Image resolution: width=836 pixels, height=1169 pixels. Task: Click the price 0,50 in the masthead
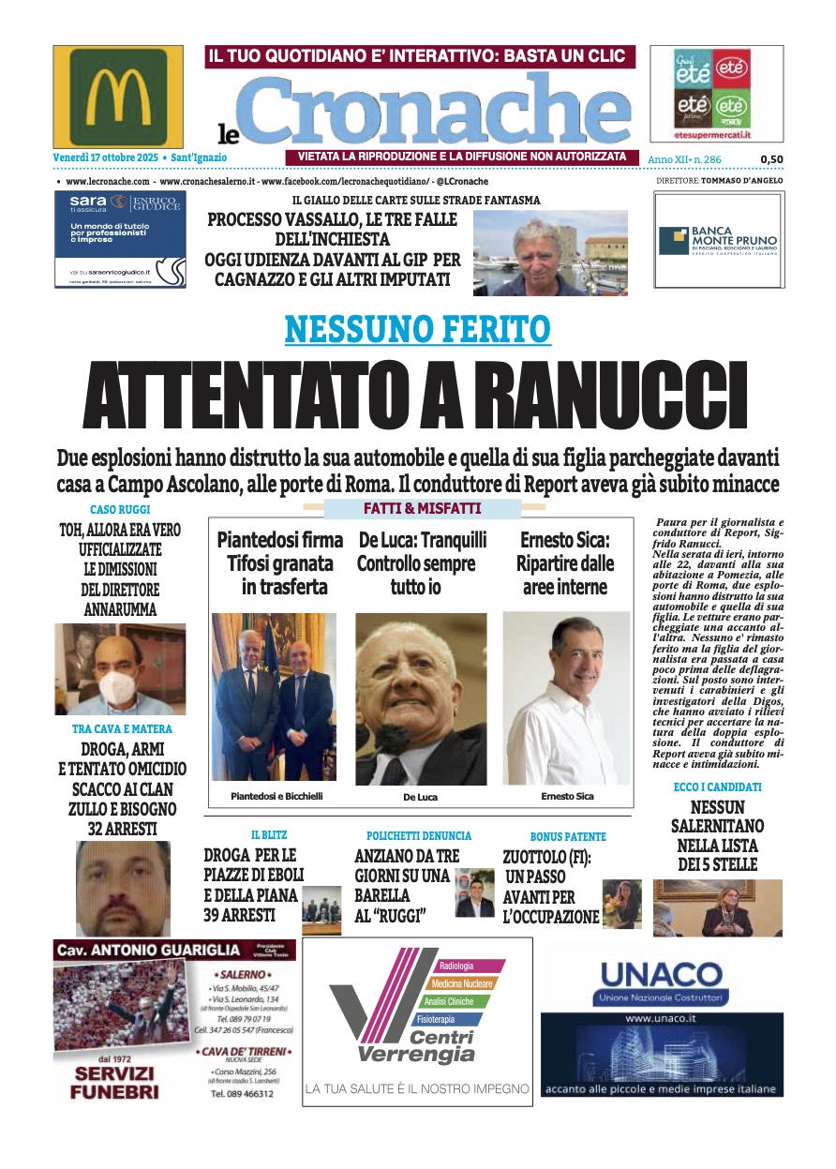pyautogui.click(x=771, y=159)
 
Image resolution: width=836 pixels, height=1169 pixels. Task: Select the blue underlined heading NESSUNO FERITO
pyautogui.click(x=417, y=329)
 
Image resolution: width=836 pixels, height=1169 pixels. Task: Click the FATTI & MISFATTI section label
pyautogui.click(x=422, y=508)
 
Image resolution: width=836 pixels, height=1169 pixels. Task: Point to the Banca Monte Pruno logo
pyautogui.click(x=717, y=241)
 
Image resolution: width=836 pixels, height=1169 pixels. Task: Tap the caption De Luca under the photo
pyautogui.click(x=420, y=797)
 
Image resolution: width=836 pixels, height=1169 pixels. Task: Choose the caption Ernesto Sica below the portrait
pyautogui.click(x=567, y=796)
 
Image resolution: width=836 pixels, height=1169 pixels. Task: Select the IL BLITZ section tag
pyautogui.click(x=268, y=835)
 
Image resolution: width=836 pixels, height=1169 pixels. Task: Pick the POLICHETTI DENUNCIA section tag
pyautogui.click(x=419, y=835)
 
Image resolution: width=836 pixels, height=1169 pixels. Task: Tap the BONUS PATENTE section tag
pyautogui.click(x=568, y=836)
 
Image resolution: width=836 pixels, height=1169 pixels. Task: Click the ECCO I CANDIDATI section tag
pyautogui.click(x=717, y=787)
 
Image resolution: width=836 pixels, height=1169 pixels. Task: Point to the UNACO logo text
pyautogui.click(x=662, y=974)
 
